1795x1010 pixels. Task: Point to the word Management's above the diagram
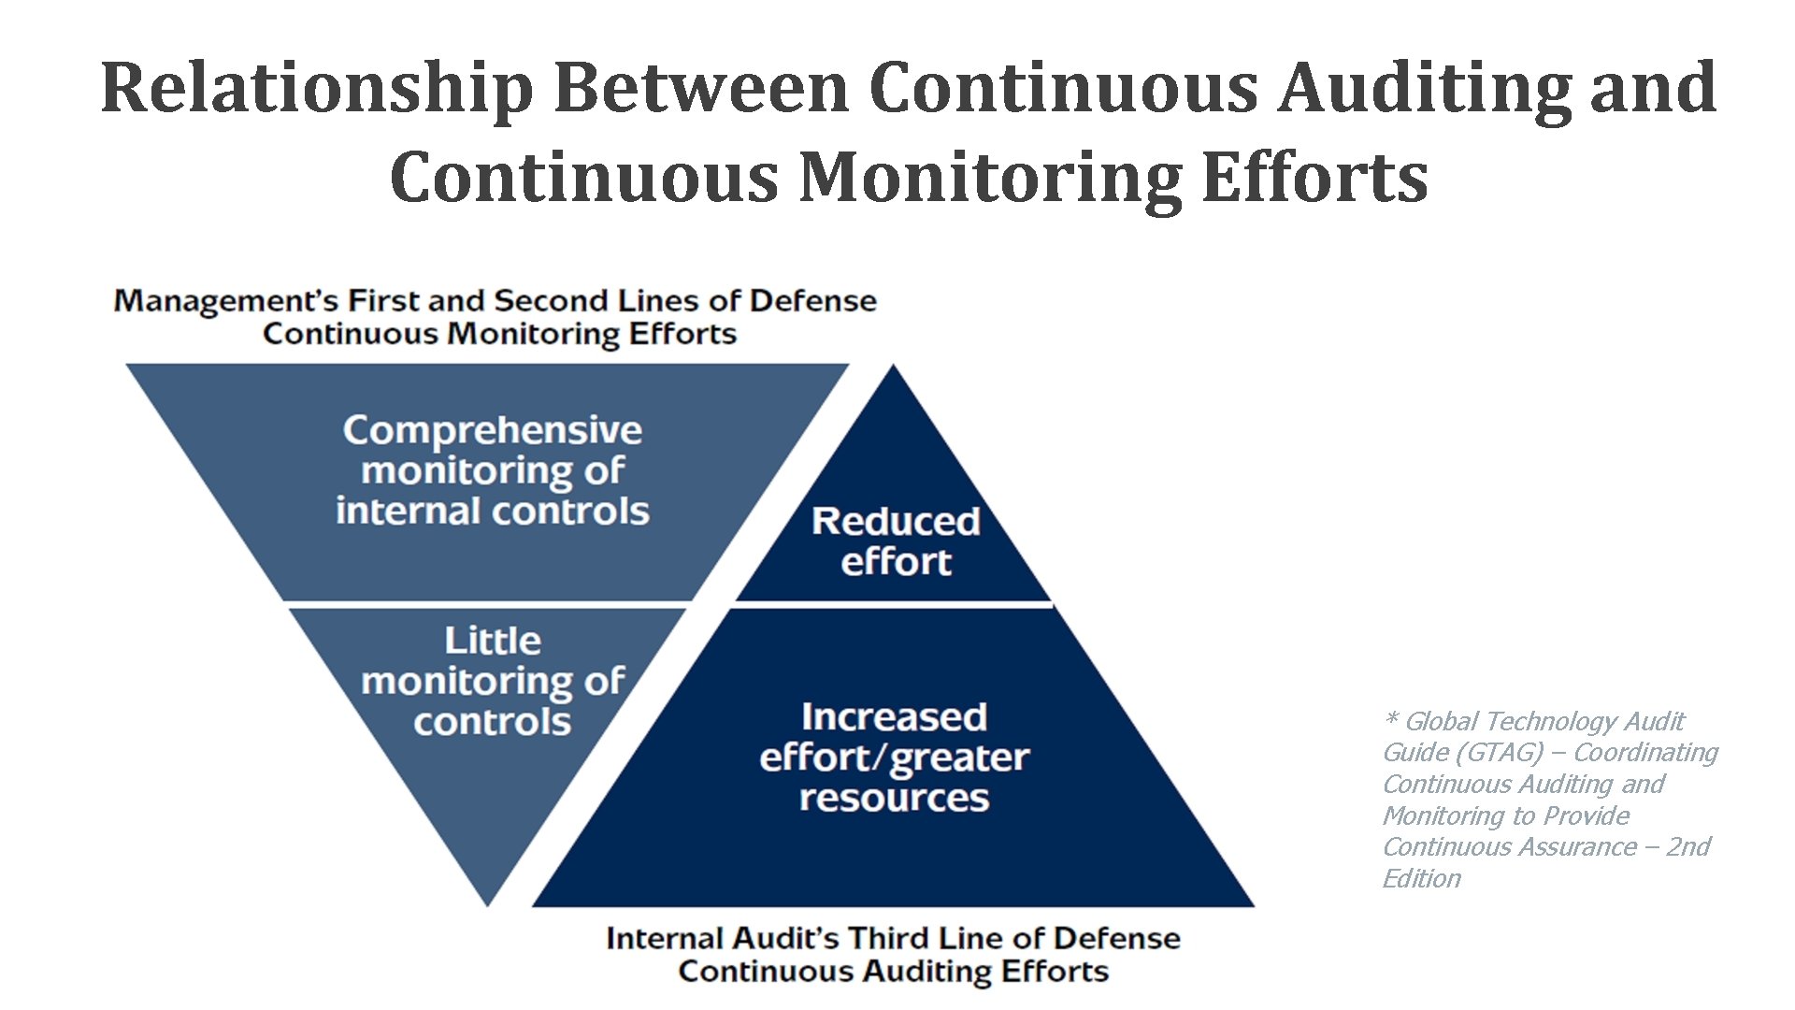pyautogui.click(x=225, y=301)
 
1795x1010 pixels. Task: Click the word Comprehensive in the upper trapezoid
pyautogui.click(x=492, y=431)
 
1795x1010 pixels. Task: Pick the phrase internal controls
pyautogui.click(x=492, y=512)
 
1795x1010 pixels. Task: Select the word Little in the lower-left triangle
pyautogui.click(x=492, y=642)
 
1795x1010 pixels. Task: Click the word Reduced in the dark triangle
pyautogui.click(x=896, y=522)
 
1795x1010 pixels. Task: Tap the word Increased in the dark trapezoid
pyautogui.click(x=894, y=717)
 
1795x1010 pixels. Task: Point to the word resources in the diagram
pyautogui.click(x=894, y=799)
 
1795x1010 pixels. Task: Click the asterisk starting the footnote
pyautogui.click(x=1390, y=720)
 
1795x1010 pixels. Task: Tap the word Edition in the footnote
pyautogui.click(x=1421, y=879)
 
